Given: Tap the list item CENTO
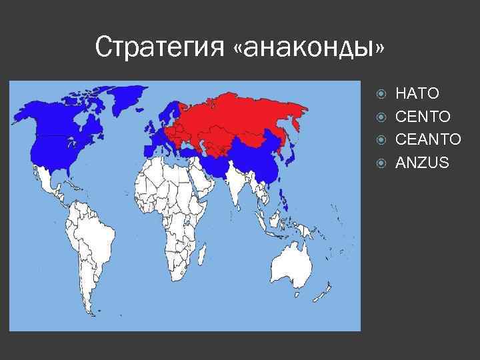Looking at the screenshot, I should tap(423, 117).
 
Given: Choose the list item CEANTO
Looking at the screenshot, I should tap(428, 139).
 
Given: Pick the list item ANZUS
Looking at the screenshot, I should tap(423, 162).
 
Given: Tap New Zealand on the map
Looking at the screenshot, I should tap(328, 292).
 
